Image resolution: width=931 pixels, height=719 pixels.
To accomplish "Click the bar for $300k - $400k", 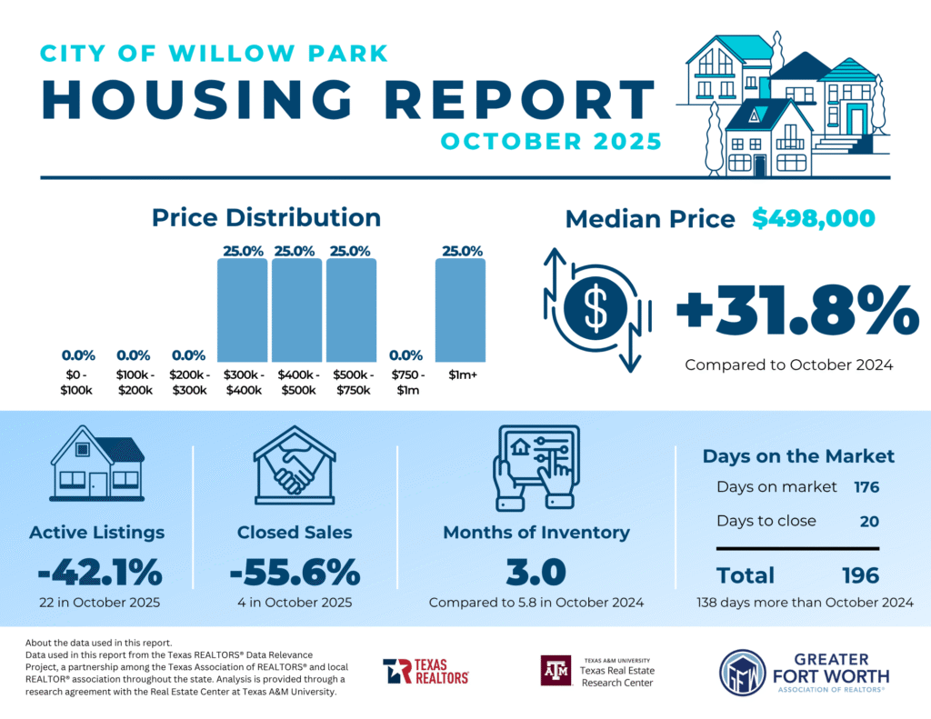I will click(242, 311).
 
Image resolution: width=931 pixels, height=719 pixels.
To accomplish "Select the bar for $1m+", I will click(460, 311).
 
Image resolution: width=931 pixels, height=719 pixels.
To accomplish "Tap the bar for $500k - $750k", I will click(351, 311).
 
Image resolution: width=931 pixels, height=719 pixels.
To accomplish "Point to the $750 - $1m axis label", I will click(405, 383).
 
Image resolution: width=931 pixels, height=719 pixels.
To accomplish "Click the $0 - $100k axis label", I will click(77, 383).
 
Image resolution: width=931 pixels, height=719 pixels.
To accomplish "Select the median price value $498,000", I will click(814, 218).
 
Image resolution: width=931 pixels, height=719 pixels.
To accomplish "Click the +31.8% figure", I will click(796, 312).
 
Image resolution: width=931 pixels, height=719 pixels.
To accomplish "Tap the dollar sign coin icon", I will click(596, 310).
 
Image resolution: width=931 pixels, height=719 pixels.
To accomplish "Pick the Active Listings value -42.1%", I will click(100, 573).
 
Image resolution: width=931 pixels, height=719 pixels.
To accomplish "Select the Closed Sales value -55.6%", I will click(295, 573).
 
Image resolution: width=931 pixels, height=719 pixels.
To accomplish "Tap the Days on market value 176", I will click(866, 487).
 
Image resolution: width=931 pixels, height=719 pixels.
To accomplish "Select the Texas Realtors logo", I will click(425, 671).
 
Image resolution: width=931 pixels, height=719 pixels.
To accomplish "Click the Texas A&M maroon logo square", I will click(556, 671).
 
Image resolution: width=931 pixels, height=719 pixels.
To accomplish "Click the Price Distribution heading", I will click(265, 218).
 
